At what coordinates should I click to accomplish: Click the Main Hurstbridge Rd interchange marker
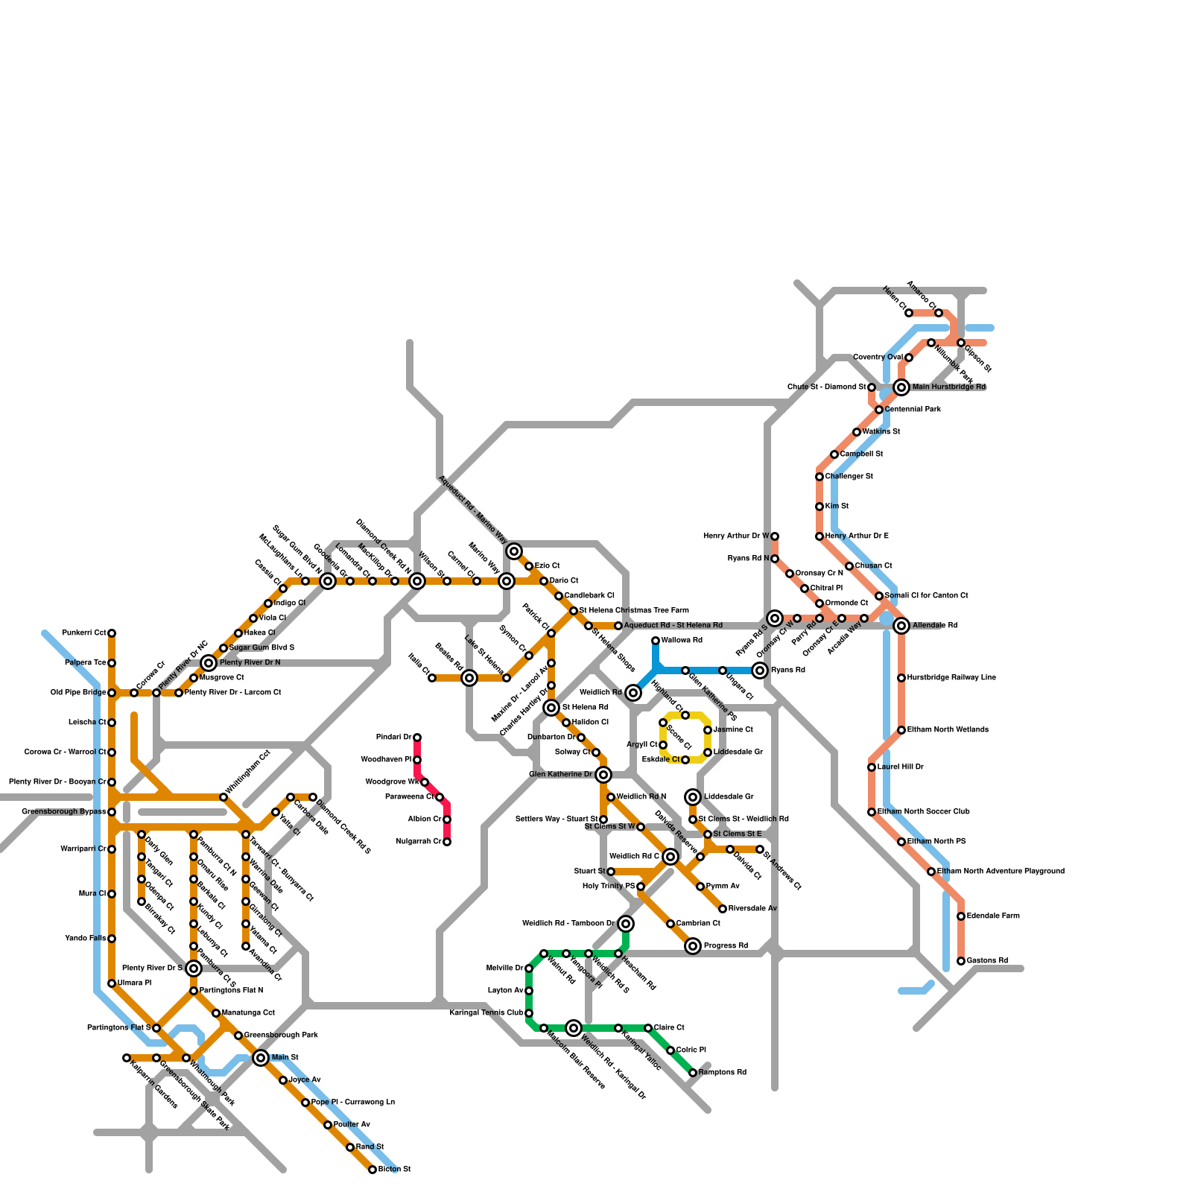(901, 387)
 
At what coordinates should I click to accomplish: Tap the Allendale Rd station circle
(901, 626)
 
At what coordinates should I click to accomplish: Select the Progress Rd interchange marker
(693, 946)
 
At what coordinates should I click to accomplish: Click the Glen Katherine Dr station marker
(603, 775)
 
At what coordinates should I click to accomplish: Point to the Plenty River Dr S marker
(194, 968)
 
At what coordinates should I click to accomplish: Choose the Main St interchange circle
(261, 1058)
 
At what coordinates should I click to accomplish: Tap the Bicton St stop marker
(372, 1170)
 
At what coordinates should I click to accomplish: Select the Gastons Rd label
(987, 961)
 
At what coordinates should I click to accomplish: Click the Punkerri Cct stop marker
(112, 633)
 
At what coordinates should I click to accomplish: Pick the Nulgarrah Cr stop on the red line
(447, 842)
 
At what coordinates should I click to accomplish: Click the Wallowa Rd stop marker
(656, 641)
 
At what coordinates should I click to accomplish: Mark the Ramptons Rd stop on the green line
(693, 1073)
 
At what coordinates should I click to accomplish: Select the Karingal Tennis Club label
(486, 1013)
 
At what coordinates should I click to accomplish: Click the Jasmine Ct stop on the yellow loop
(708, 730)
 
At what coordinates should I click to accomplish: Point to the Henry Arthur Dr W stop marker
(775, 536)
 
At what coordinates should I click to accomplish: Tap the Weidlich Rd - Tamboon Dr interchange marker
(626, 924)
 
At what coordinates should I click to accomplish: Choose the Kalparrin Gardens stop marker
(127, 1058)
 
